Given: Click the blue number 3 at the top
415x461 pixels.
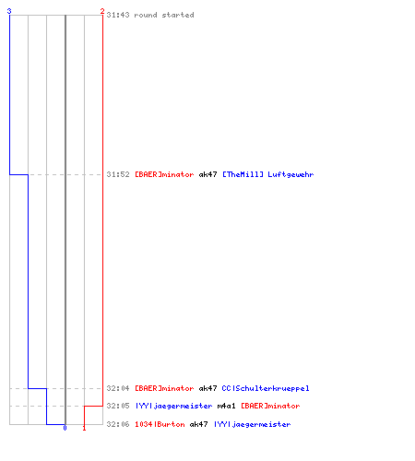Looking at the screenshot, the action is coord(9,11).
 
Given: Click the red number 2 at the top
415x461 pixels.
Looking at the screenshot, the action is coord(102,11).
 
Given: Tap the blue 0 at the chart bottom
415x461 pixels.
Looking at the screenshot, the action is coord(65,428).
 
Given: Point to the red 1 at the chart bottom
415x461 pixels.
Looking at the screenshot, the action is coord(84,428).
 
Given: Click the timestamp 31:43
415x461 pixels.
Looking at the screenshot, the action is coord(118,15).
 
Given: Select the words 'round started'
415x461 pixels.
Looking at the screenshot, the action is coord(164,15).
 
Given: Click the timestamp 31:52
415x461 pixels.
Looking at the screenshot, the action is coord(118,174).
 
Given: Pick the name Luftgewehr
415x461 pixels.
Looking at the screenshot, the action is coord(290,174).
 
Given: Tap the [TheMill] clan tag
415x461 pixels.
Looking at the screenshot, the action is coord(243,174).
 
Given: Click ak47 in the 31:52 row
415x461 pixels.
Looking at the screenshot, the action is coord(207,174).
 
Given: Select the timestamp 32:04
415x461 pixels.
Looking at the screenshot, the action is coord(118,388).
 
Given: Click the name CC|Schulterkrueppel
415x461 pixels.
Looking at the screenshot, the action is coord(266,388).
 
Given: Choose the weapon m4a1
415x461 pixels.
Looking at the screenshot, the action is coord(226,406).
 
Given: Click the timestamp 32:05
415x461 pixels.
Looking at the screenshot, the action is coord(118,406).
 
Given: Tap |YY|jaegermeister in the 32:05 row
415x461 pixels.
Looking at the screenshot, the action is coord(173,406).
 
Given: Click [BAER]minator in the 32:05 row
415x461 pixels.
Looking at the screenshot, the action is coord(270,406).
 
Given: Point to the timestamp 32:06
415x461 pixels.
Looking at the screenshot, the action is coord(118,424).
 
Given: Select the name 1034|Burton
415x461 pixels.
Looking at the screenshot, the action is coord(160,424).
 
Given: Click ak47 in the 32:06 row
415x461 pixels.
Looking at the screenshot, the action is coord(198,424).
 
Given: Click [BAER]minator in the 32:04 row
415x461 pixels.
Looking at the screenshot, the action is coord(164,388).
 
